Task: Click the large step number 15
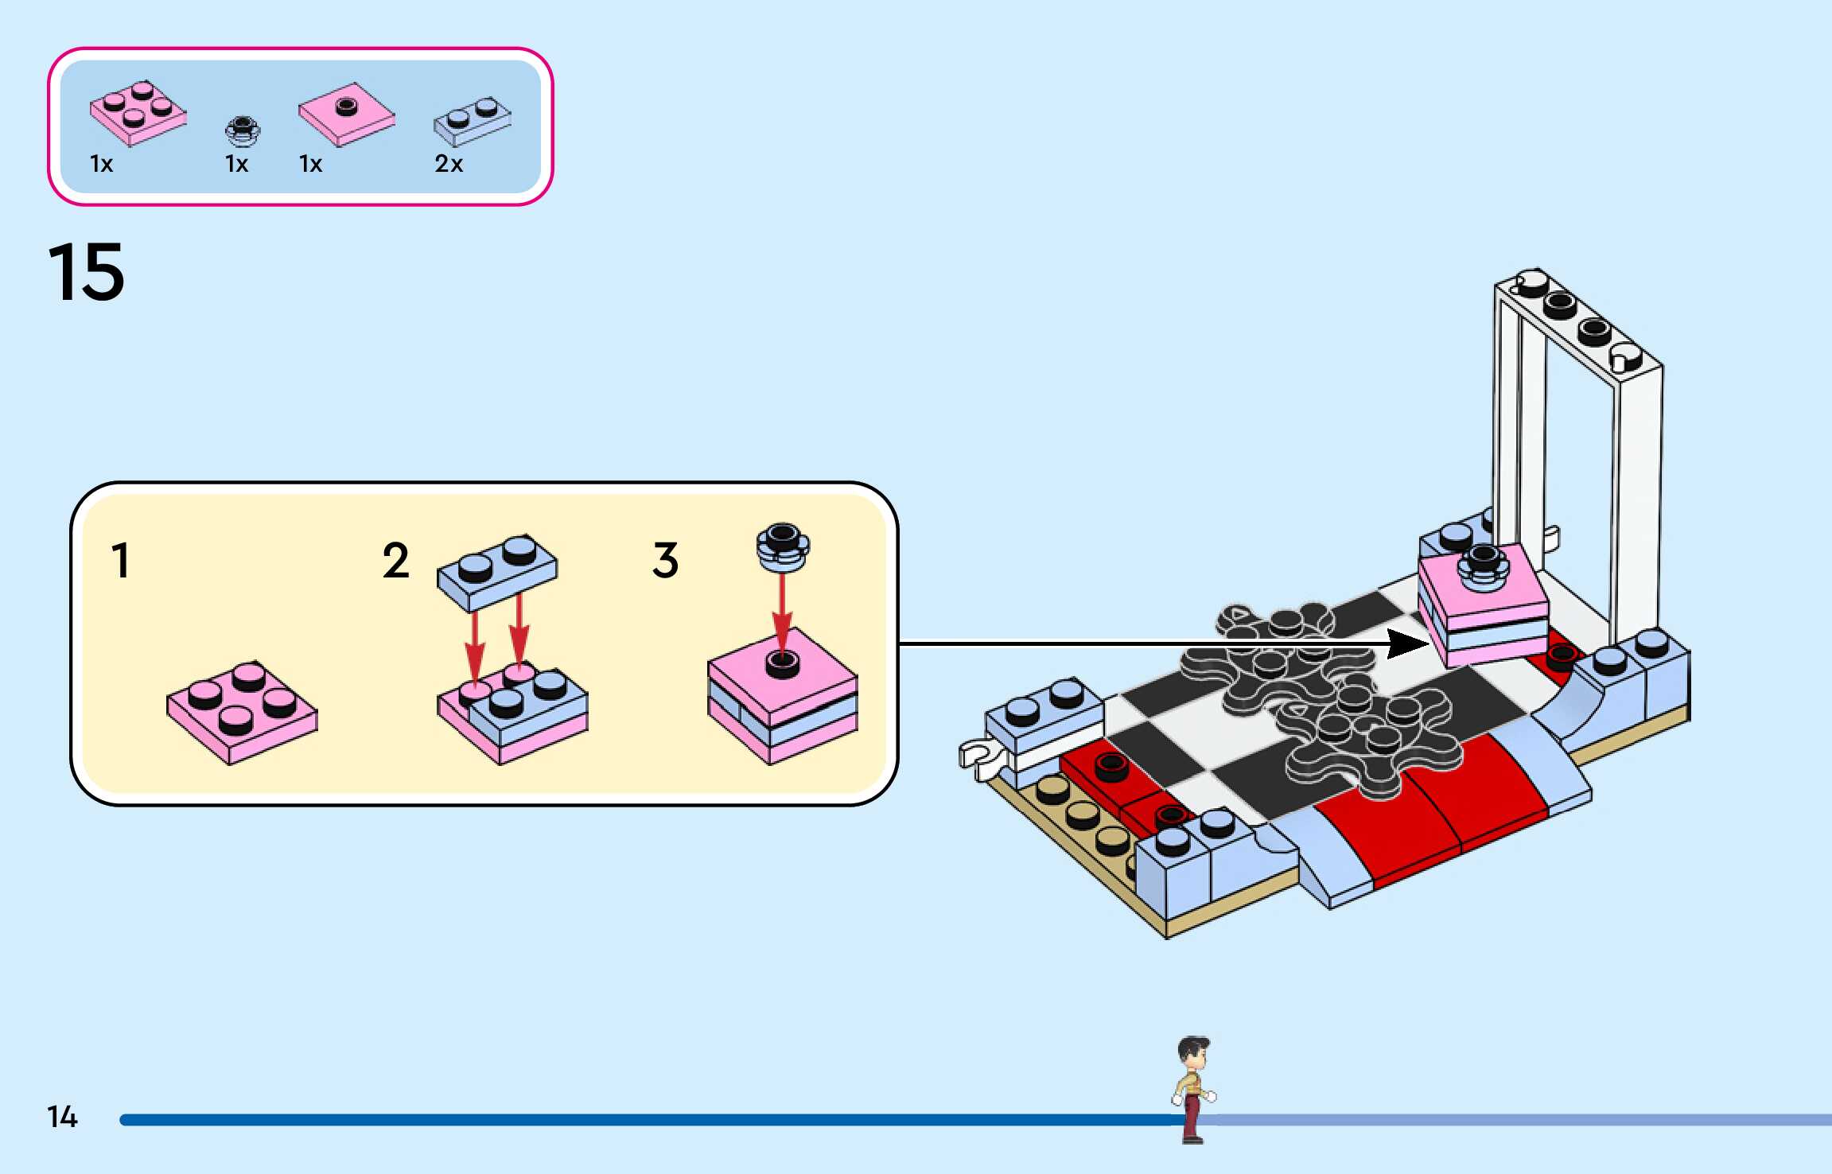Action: click(x=87, y=272)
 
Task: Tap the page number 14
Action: click(x=62, y=1117)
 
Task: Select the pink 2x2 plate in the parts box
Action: click(x=138, y=113)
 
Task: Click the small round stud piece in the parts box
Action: click(x=242, y=132)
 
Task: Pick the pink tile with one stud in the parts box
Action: click(x=347, y=115)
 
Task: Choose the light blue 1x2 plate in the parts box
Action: click(x=472, y=122)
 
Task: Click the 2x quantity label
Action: click(x=449, y=164)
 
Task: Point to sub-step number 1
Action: click(x=121, y=561)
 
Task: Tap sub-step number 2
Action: click(x=395, y=561)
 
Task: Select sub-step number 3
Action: click(x=666, y=561)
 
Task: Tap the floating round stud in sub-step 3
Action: click(x=783, y=547)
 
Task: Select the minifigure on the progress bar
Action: click(x=1193, y=1090)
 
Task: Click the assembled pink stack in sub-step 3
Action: click(x=783, y=696)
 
